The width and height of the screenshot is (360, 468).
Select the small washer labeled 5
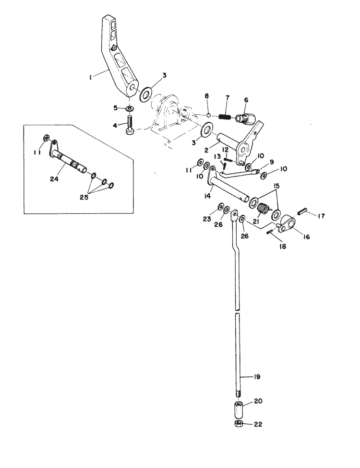tap(130, 108)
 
